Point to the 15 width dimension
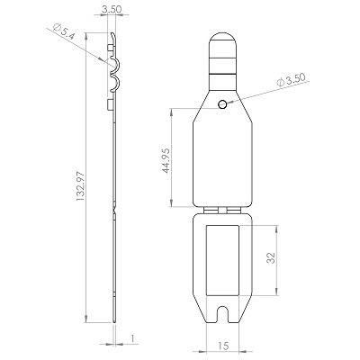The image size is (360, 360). click(x=221, y=346)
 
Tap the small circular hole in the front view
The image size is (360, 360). click(x=222, y=107)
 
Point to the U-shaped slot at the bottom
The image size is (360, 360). click(x=222, y=315)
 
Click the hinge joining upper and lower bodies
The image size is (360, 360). click(x=222, y=209)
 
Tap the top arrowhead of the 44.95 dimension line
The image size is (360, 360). click(x=172, y=112)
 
